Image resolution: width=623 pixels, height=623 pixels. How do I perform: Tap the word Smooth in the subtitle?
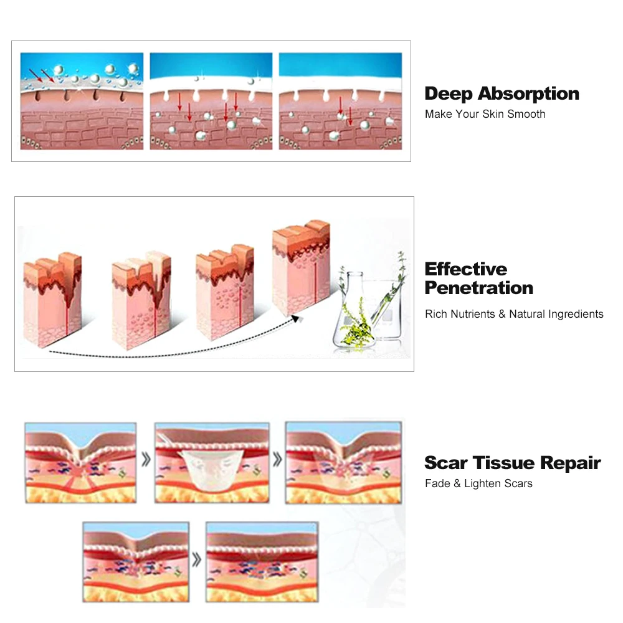526,114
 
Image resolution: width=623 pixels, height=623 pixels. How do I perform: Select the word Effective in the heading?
466,269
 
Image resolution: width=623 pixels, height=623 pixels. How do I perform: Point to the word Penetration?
478,288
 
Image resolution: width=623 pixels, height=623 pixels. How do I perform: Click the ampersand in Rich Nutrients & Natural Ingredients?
502,314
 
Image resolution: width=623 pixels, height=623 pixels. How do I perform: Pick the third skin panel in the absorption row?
340,101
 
